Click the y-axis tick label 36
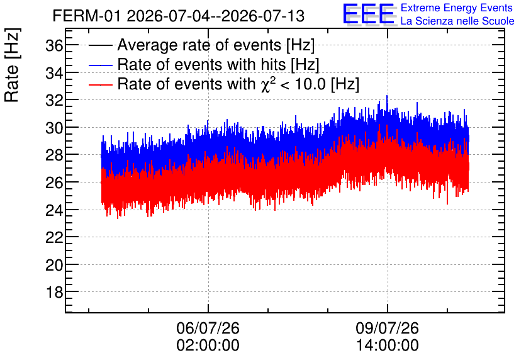(54, 45)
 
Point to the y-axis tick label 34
(54, 73)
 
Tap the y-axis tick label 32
(54, 100)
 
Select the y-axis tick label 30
(54, 128)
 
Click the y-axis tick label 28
(54, 155)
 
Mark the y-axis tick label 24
(54, 210)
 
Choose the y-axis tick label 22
(54, 237)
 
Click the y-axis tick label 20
(54, 265)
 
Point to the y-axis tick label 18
(54, 293)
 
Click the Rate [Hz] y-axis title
(13, 65)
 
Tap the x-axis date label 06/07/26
(208, 328)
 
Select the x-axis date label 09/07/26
(388, 328)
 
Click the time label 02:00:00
(208, 346)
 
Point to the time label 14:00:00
(388, 346)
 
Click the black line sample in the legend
(100, 45)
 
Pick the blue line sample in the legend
(100, 65)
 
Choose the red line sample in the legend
(100, 84)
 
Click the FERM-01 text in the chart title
(86, 16)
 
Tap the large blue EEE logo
(369, 14)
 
